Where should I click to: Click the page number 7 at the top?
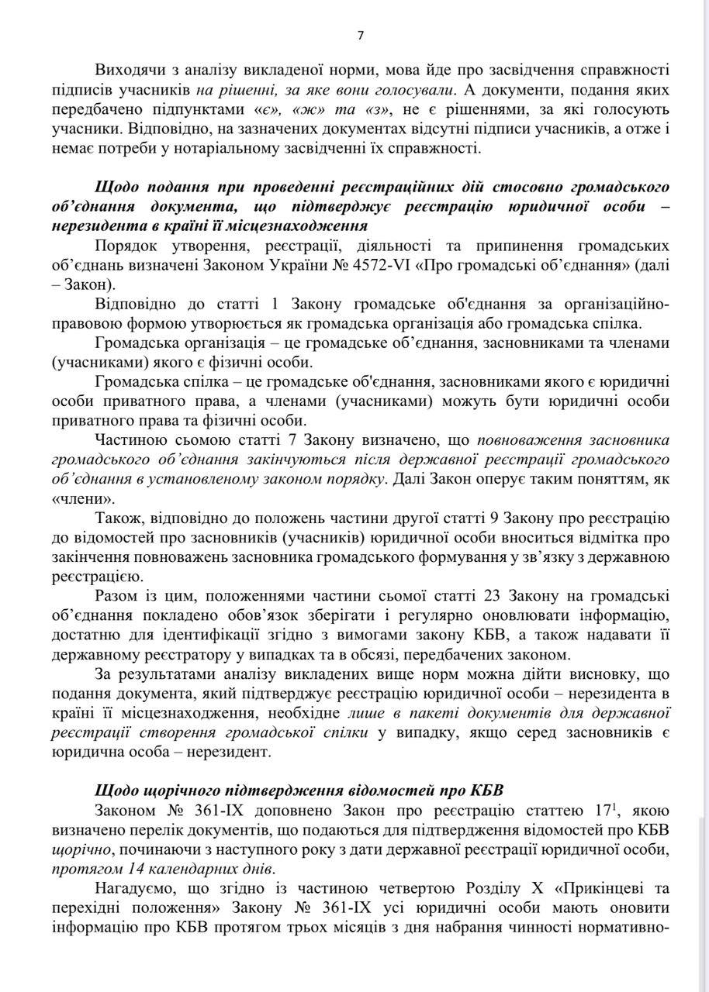click(360, 35)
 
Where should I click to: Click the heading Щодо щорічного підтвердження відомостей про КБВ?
click(299, 791)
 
